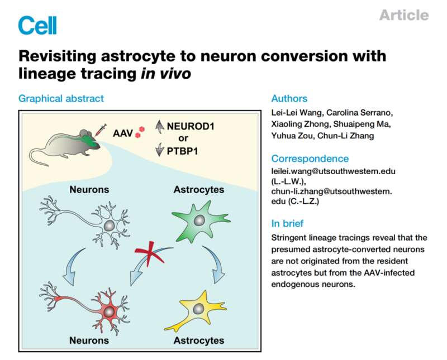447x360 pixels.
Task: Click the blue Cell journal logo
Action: click(x=37, y=25)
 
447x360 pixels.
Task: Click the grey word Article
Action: click(x=404, y=15)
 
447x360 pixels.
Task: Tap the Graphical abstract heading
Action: click(x=61, y=99)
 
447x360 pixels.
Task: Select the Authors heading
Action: click(x=289, y=99)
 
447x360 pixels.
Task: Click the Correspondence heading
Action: click(x=310, y=159)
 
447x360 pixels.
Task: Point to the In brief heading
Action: click(x=287, y=223)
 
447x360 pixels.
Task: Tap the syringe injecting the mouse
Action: click(x=100, y=130)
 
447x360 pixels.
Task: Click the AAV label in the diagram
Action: click(x=123, y=133)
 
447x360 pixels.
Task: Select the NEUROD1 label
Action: click(x=191, y=126)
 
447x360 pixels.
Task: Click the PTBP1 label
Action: click(x=183, y=151)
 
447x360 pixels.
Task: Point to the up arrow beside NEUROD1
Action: click(x=160, y=127)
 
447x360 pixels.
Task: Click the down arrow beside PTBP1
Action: click(x=160, y=150)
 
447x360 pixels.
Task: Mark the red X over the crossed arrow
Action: click(x=149, y=253)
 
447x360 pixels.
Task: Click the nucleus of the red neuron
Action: click(x=108, y=313)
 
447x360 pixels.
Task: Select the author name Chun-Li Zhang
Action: click(x=345, y=136)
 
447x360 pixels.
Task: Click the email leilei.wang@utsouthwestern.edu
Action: click(x=333, y=171)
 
